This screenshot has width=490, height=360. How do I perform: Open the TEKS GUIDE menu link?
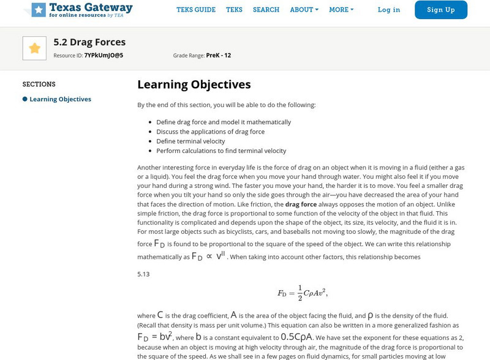196,10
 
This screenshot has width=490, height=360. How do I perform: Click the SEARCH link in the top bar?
266,10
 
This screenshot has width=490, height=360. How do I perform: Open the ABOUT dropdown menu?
304,10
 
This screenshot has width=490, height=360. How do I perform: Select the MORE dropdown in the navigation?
341,10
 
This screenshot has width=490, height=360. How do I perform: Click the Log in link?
389,10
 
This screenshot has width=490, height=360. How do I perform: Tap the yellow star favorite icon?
34,48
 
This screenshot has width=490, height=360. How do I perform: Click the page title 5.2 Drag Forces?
89,42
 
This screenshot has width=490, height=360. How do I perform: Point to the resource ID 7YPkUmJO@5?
104,55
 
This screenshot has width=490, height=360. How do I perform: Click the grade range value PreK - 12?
219,55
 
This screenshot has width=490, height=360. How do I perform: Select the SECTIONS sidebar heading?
39,84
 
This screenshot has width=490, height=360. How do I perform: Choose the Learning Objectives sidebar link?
60,99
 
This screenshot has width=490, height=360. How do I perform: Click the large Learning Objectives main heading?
194,84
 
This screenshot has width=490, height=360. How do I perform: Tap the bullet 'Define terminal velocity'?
190,141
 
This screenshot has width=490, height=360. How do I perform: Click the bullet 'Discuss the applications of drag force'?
210,132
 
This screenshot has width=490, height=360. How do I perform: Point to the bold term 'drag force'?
301,204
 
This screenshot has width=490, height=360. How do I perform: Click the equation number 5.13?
143,274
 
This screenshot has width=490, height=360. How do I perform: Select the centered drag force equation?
303,293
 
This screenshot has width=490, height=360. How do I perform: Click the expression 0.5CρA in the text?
296,337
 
